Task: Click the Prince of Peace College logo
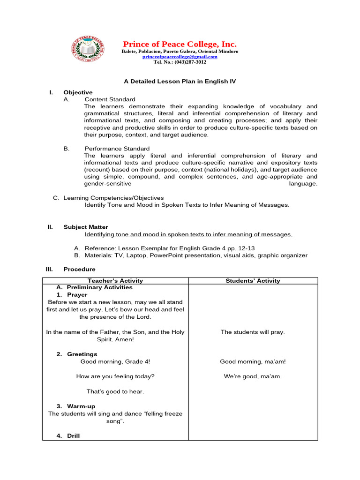tap(88, 49)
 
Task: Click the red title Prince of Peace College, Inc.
tap(180, 44)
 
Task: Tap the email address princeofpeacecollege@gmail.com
tap(180, 57)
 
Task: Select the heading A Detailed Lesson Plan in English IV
tap(180, 81)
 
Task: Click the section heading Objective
tap(78, 92)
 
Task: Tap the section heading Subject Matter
tap(85, 227)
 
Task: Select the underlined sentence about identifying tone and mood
tap(188, 234)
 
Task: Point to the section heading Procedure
tap(79, 269)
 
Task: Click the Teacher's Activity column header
tap(115, 281)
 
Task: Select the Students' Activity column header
tap(253, 281)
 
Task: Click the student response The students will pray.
tap(253, 332)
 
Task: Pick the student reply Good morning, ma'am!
tap(253, 361)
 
